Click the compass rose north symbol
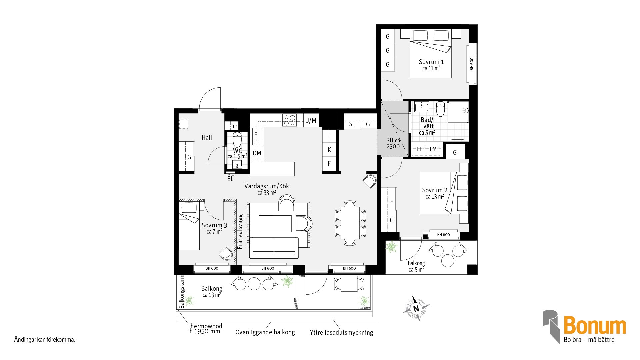(x=416, y=308)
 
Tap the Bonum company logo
(x=584, y=327)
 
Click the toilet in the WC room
(x=237, y=140)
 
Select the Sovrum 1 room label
(x=431, y=65)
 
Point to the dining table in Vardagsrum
(x=350, y=223)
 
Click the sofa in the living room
(x=274, y=248)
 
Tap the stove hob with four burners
(x=289, y=120)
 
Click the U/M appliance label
(x=311, y=120)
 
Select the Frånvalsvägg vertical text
(x=240, y=231)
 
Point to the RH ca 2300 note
(x=393, y=143)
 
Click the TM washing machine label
(x=433, y=149)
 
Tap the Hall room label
(x=207, y=137)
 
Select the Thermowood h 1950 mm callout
(x=205, y=329)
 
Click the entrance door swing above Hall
(x=210, y=99)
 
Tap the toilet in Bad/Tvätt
(x=440, y=109)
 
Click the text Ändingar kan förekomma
(x=45, y=340)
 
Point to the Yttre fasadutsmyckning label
(x=341, y=332)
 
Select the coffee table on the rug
(x=275, y=223)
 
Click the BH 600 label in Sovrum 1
(x=472, y=64)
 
